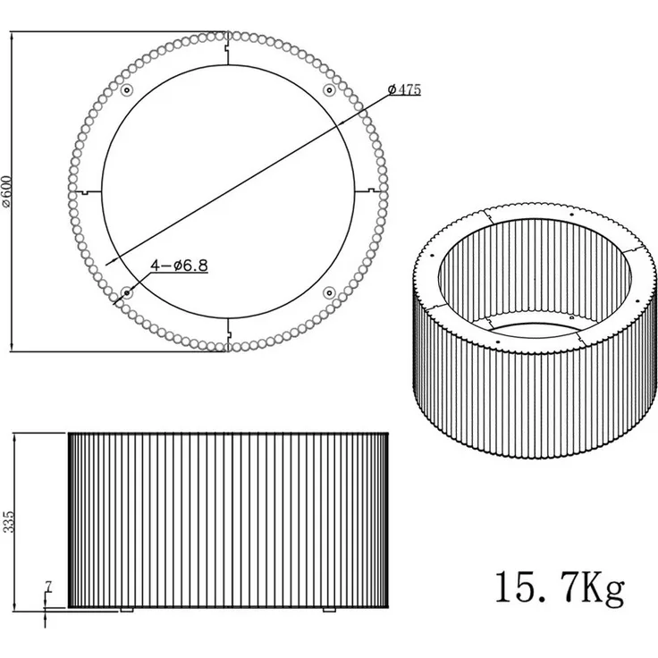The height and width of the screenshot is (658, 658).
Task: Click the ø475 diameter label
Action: pyautogui.click(x=404, y=89)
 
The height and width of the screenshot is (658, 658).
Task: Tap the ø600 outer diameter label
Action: pyautogui.click(x=8, y=191)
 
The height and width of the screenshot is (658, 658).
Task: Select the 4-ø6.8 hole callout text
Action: pyautogui.click(x=179, y=266)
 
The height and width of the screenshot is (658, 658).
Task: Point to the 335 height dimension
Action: pyautogui.click(x=8, y=521)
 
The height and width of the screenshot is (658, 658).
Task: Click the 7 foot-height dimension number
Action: pyautogui.click(x=48, y=587)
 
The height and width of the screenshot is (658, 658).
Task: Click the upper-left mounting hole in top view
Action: pyautogui.click(x=127, y=89)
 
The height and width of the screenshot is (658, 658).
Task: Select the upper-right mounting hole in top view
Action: pyautogui.click(x=329, y=89)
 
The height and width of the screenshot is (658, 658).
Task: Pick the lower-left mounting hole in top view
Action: pyautogui.click(x=127, y=292)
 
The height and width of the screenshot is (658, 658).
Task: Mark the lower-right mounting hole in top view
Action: pyautogui.click(x=329, y=292)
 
